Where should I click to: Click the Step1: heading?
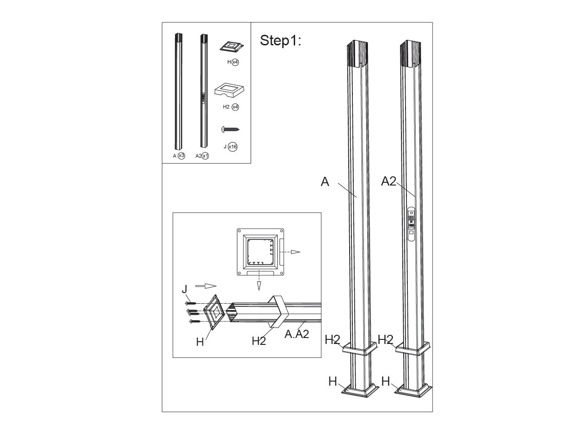[280, 41]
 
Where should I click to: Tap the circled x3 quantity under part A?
[181, 156]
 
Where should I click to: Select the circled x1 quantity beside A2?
[205, 156]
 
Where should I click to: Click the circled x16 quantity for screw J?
[232, 147]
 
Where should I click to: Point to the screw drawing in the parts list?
[230, 129]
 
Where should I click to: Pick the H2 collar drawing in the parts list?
[229, 90]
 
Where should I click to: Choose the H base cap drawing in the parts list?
[232, 46]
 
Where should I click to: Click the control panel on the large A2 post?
[411, 224]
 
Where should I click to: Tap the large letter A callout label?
[325, 181]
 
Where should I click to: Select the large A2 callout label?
[389, 181]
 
